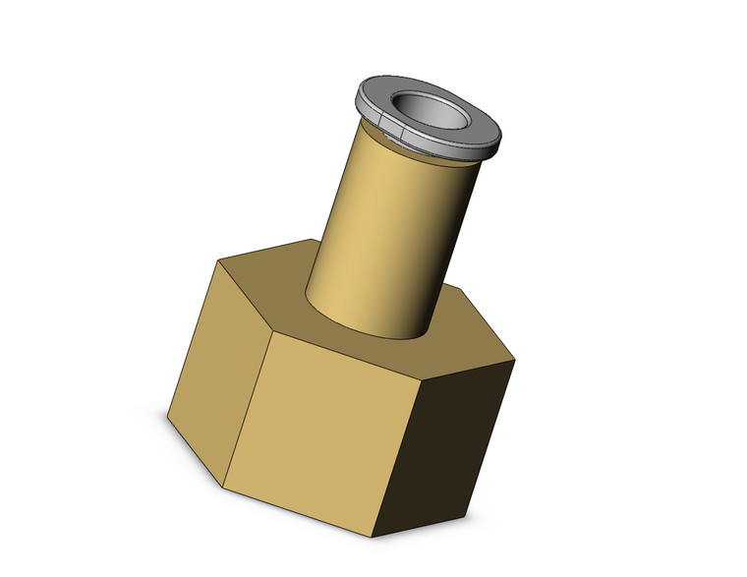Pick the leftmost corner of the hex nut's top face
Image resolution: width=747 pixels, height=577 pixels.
coord(217,260)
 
